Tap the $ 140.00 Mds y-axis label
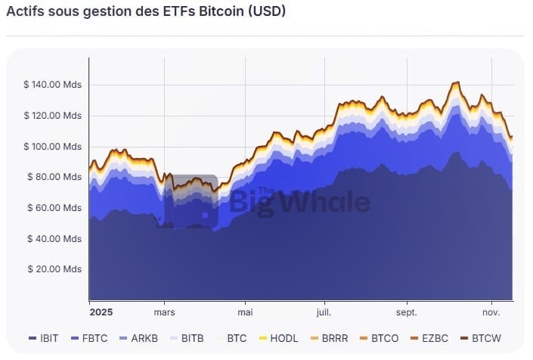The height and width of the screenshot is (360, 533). (x=52, y=85)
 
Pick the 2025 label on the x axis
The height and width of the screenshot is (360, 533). (x=101, y=312)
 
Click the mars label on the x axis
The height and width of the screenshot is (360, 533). (x=164, y=312)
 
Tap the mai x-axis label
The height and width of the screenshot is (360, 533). (x=244, y=312)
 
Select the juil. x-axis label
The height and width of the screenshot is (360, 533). (x=324, y=312)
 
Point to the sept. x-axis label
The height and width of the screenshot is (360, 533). (x=407, y=312)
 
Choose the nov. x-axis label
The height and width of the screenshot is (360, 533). (x=491, y=312)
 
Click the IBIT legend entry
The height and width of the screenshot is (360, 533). (x=42, y=338)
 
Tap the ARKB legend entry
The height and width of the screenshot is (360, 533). (x=136, y=338)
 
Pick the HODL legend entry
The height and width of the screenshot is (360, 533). (x=280, y=338)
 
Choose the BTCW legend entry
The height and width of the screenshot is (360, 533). (x=480, y=338)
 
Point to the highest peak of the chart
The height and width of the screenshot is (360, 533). (x=457, y=82)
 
